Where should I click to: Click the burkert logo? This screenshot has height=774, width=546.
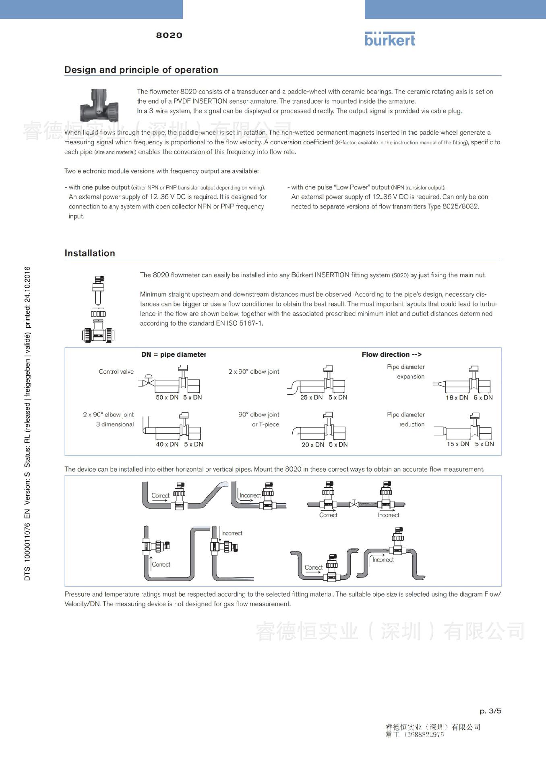pyautogui.click(x=389, y=39)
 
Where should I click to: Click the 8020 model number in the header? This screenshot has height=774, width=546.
pyautogui.click(x=169, y=35)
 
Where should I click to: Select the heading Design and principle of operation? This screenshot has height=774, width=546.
pyautogui.click(x=141, y=70)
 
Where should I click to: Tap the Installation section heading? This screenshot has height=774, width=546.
pyautogui.click(x=90, y=253)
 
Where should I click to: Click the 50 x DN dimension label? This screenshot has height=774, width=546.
pyautogui.click(x=167, y=397)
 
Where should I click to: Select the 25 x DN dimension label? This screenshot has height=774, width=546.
pyautogui.click(x=311, y=397)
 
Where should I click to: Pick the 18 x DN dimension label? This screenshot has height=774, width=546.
pyautogui.click(x=457, y=397)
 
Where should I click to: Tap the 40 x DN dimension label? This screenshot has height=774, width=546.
pyautogui.click(x=167, y=444)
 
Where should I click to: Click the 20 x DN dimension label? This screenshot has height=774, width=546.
pyautogui.click(x=313, y=445)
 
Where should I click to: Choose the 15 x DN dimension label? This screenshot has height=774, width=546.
pyautogui.click(x=458, y=444)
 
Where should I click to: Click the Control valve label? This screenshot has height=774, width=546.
pyautogui.click(x=116, y=372)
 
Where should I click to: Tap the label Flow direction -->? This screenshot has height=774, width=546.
pyautogui.click(x=391, y=355)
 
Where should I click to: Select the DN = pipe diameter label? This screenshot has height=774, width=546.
pyautogui.click(x=174, y=355)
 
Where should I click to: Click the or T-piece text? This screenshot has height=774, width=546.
pyautogui.click(x=265, y=424)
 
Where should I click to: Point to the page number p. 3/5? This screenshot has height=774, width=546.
pyautogui.click(x=490, y=711)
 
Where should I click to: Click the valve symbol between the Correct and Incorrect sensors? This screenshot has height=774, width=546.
pyautogui.click(x=354, y=504)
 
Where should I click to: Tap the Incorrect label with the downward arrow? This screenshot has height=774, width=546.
pyautogui.click(x=231, y=533)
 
